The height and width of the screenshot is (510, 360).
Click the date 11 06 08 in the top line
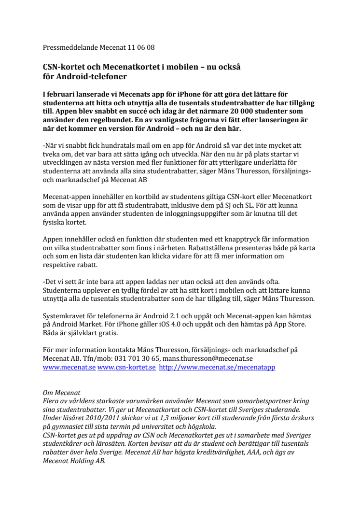tap(141, 48)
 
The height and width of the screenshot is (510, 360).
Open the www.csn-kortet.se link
tap(126, 367)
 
